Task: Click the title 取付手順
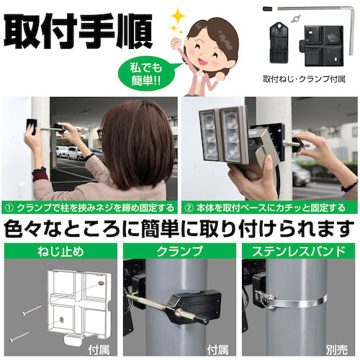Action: pyautogui.click(x=78, y=30)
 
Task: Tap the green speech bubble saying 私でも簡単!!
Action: pyautogui.click(x=146, y=74)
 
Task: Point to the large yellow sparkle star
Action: pyautogui.click(x=178, y=17)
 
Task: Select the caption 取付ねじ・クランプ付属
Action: pyautogui.click(x=304, y=79)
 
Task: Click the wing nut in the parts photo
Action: pyautogui.click(x=296, y=19)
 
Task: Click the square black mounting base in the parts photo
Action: pyautogui.click(x=322, y=45)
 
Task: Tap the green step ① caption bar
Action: pyautogui.click(x=89, y=207)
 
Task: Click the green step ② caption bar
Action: pyautogui.click(x=269, y=207)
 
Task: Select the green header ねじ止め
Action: pyautogui.click(x=60, y=251)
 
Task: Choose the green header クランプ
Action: pyautogui.click(x=179, y=251)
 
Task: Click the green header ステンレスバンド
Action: pyautogui.click(x=299, y=251)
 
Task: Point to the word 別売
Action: pyautogui.click(x=336, y=350)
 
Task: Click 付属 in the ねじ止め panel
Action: pyautogui.click(x=99, y=350)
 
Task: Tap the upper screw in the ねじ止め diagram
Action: pyautogui.click(x=32, y=310)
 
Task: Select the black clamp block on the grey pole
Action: pyautogui.click(x=195, y=305)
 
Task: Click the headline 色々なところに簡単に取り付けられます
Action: pyautogui.click(x=179, y=228)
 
